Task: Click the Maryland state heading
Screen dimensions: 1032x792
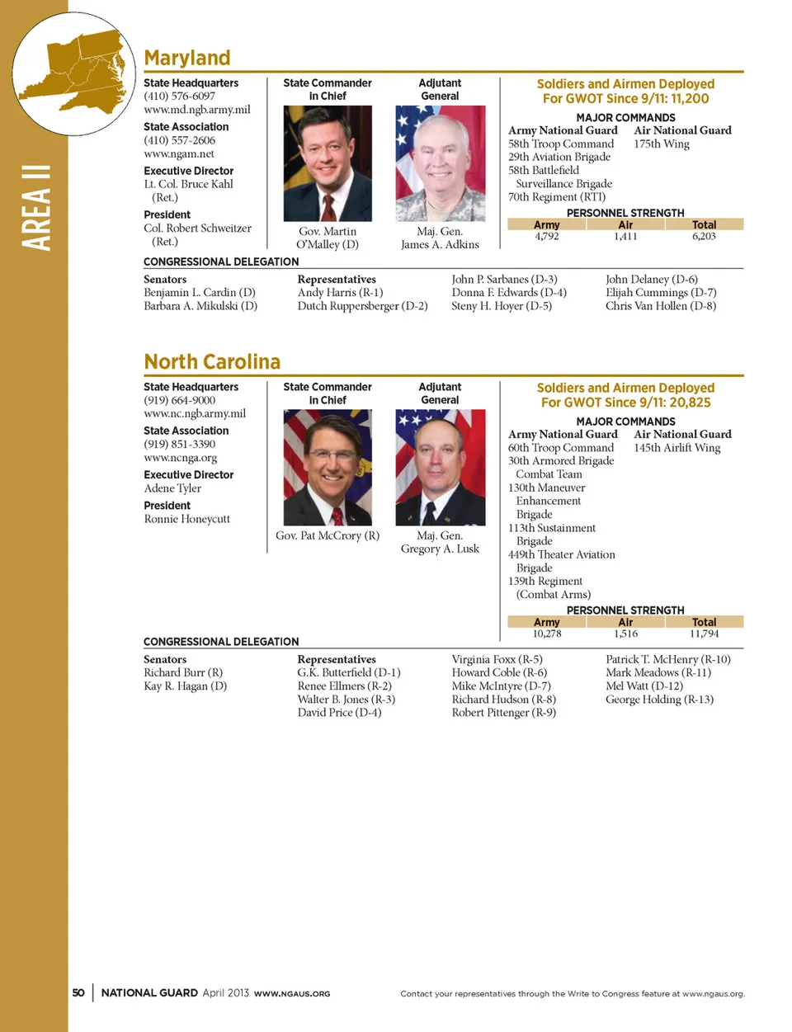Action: coord(187,58)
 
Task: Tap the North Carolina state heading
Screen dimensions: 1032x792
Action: coord(212,362)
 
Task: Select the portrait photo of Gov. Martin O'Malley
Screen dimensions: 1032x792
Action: coord(328,163)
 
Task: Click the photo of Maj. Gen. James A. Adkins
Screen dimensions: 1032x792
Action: coord(440,163)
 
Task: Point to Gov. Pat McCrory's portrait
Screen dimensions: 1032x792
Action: coord(328,467)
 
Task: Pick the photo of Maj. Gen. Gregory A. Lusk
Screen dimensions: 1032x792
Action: coord(440,467)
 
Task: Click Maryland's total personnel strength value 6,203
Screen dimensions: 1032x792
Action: coord(704,237)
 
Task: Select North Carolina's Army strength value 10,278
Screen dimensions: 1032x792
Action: coord(546,634)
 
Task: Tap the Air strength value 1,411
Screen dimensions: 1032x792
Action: coord(625,237)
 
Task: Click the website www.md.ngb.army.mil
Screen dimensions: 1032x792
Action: coord(197,110)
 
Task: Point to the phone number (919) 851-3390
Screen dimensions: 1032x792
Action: coord(180,444)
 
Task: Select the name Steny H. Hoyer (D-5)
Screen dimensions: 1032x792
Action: coord(502,306)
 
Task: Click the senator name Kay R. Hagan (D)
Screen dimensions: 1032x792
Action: coord(185,686)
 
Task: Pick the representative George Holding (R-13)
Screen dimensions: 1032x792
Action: coord(659,700)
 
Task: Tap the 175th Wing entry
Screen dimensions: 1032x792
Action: coord(662,144)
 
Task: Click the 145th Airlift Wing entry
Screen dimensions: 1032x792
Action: coord(676,448)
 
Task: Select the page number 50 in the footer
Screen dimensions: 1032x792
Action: coord(78,993)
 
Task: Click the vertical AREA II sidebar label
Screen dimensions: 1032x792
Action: coord(35,207)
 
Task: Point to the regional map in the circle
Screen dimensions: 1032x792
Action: coord(74,73)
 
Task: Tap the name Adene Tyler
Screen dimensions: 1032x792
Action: coord(172,488)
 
